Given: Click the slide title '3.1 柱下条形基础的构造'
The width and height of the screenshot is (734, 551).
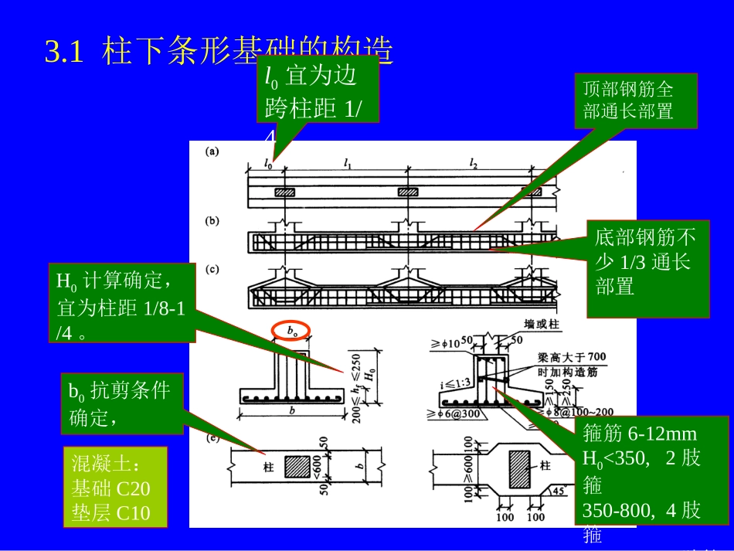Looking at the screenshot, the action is pos(219,53).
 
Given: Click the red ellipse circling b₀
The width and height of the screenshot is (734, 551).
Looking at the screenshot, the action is pos(292,330).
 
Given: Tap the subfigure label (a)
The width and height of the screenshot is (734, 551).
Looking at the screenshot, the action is pos(212,151).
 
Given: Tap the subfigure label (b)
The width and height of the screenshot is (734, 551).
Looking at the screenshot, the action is pos(212,221).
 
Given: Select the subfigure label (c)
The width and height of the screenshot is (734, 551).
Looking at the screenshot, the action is pos(212,270).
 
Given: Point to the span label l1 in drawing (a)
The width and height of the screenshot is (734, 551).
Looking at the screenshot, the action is pos(348,163).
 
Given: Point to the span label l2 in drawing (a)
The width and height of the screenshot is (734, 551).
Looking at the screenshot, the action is pos(474,163).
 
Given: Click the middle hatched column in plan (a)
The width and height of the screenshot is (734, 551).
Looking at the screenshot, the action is pos(406,192).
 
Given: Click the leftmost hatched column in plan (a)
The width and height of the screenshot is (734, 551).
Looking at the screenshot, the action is pos(285,192).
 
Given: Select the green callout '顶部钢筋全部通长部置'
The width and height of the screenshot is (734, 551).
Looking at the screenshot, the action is pos(636,100).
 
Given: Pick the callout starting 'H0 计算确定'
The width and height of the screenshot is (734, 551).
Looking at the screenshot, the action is pos(122,302).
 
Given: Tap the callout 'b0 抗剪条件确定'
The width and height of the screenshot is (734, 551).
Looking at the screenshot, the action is pos(122,403).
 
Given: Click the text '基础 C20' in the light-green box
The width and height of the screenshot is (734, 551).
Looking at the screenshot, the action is pos(110,488).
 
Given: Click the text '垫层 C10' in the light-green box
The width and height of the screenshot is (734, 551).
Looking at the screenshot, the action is pos(110,513).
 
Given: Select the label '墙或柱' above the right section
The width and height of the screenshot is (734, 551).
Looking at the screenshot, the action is pos(540,325).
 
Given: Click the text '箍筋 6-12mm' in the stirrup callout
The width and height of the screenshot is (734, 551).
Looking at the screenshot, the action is pos(640,434).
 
